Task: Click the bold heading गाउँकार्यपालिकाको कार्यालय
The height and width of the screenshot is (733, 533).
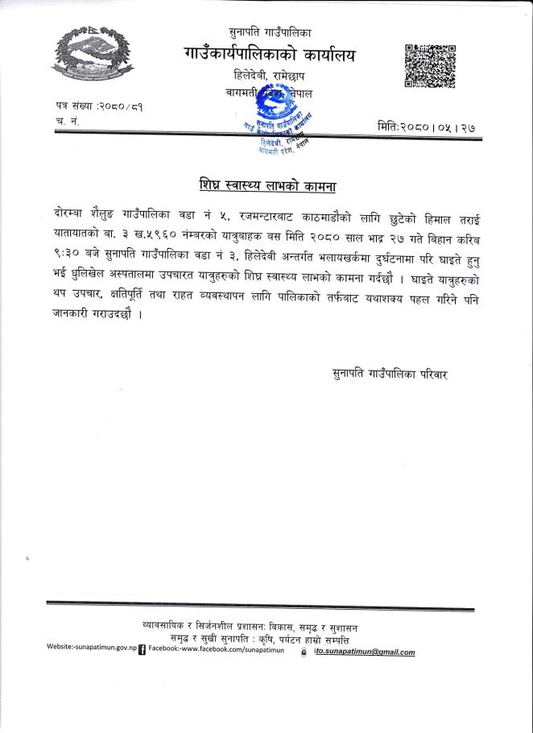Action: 269,55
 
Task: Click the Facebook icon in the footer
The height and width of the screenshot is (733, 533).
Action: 143,648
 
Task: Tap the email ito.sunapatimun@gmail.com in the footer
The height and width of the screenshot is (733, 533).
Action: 364,651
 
